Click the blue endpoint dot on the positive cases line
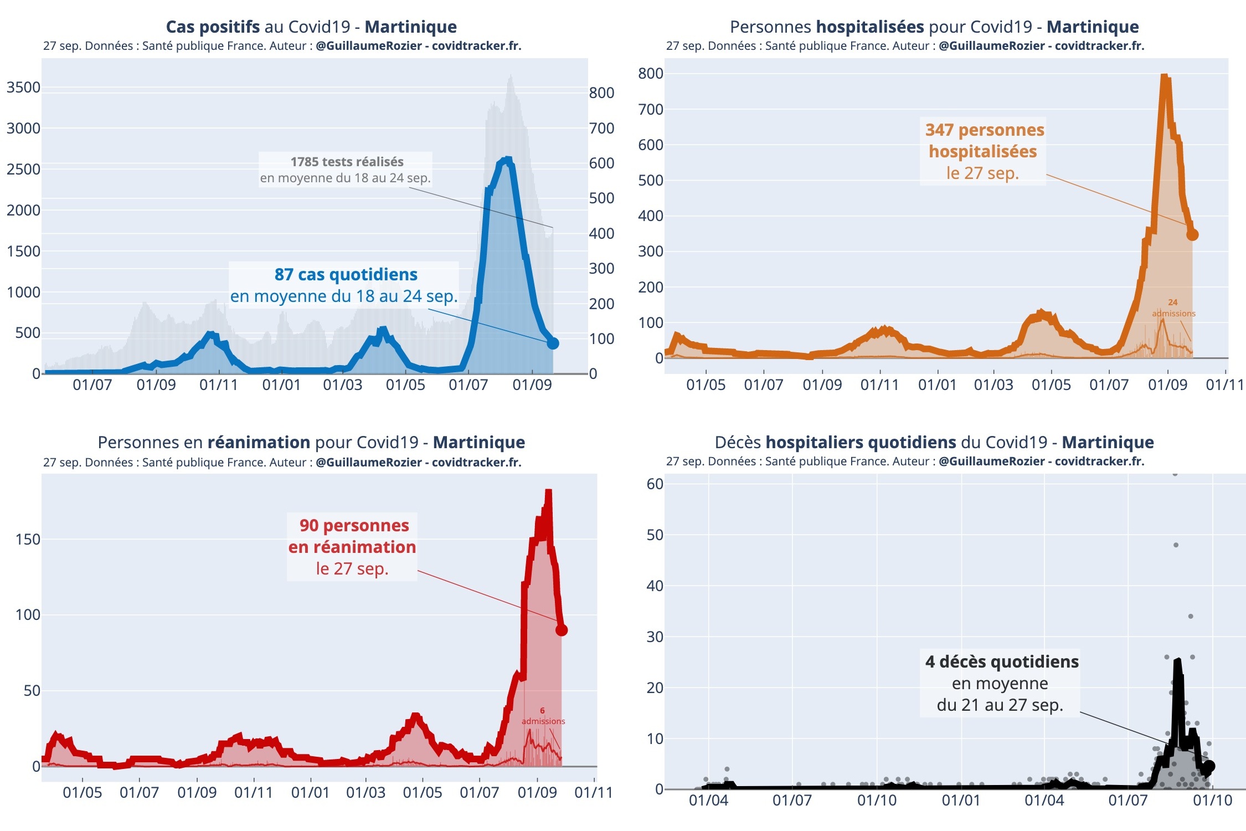coord(553,343)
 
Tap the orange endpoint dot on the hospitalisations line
coord(1192,235)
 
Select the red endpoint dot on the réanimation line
coord(562,630)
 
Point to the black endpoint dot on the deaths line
coord(1209,766)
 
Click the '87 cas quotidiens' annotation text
coord(346,275)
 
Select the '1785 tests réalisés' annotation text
coord(347,162)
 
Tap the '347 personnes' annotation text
coord(985,130)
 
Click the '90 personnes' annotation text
coord(354,526)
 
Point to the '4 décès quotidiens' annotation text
coord(1002,662)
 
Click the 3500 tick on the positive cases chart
coord(23,88)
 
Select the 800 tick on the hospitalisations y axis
coord(650,74)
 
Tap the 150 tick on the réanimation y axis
coord(28,540)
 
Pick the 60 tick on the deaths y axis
coord(655,484)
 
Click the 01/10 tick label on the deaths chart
coord(1212,801)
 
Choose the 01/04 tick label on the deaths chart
coord(708,801)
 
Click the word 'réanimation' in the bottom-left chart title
coord(259,443)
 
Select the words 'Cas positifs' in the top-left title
coord(213,27)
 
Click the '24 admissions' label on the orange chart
coord(1173,308)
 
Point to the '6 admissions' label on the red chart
coord(543,716)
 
